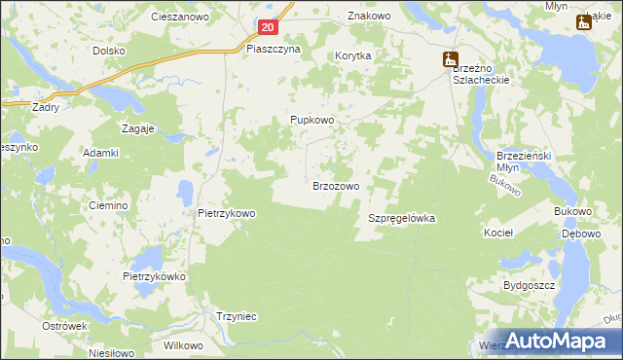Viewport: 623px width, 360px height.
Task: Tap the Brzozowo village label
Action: pos(337,185)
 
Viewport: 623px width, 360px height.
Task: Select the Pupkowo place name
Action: pos(312,120)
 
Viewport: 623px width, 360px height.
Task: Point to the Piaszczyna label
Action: pos(274,48)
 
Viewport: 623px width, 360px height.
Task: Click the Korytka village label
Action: pos(353,56)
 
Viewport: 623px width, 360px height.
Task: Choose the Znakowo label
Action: pos(369,17)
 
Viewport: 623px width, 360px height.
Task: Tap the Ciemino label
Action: pos(108,205)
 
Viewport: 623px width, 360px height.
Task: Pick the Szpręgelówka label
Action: pos(401,219)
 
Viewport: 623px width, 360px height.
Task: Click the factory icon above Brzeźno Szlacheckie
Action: pos(451,60)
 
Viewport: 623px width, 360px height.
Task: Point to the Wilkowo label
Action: pos(183,345)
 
